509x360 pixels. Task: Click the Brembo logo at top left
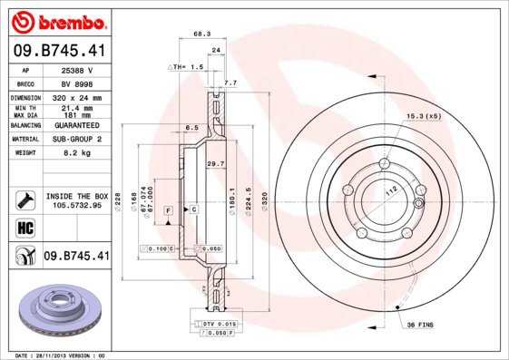(x=56, y=21)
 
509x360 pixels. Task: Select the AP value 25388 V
(x=77, y=69)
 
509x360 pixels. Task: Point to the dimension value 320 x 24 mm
(x=77, y=97)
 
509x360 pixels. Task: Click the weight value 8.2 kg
(x=77, y=153)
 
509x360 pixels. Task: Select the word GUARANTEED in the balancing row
(x=77, y=126)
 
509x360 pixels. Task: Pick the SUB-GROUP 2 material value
(x=77, y=140)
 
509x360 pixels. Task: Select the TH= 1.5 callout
(x=187, y=67)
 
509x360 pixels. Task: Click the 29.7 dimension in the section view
(x=215, y=163)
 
